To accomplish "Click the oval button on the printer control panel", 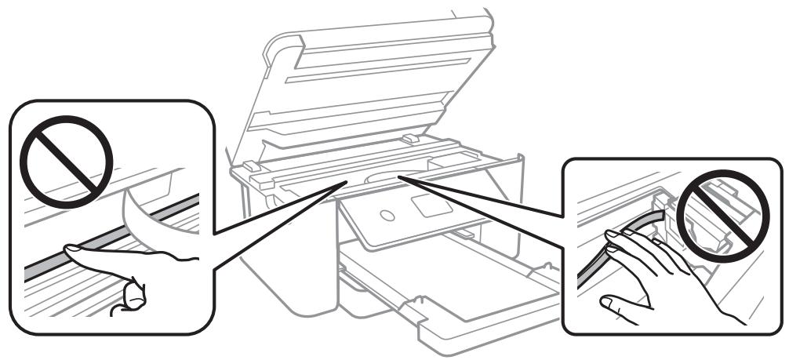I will (x=386, y=215).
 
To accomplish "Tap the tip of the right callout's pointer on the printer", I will (x=399, y=176).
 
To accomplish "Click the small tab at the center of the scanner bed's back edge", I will (x=407, y=138).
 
